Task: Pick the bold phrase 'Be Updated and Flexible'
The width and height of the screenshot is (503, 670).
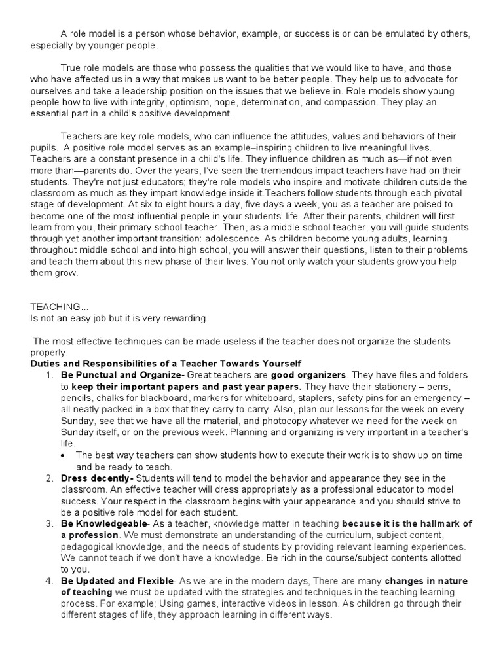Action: coord(117,581)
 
